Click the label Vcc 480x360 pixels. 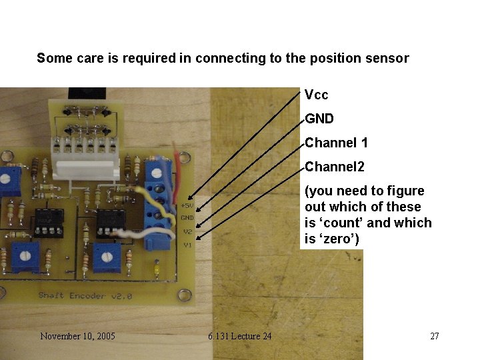316,95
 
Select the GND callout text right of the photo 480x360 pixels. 319,119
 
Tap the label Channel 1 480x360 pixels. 336,143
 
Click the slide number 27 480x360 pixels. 435,336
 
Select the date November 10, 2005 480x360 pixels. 77,336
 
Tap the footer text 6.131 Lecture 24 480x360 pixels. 239,336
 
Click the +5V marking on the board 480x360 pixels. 187,205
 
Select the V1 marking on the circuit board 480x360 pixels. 188,245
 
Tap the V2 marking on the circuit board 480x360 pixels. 188,231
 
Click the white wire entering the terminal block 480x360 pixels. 133,233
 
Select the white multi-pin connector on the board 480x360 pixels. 85,155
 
